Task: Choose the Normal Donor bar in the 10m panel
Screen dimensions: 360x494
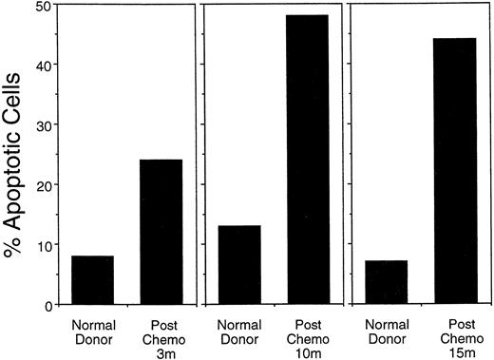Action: [240, 265]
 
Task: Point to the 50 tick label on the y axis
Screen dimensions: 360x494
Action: [43, 7]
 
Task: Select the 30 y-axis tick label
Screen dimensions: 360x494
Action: [43, 124]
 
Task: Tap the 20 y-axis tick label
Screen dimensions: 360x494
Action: [43, 184]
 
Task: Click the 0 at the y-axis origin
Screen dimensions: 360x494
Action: [47, 305]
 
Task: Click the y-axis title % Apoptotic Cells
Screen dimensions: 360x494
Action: [16, 154]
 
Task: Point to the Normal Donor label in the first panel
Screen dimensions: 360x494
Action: [92, 329]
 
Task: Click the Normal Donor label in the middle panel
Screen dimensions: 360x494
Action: [240, 329]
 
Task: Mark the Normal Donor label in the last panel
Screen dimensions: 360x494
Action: [388, 329]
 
